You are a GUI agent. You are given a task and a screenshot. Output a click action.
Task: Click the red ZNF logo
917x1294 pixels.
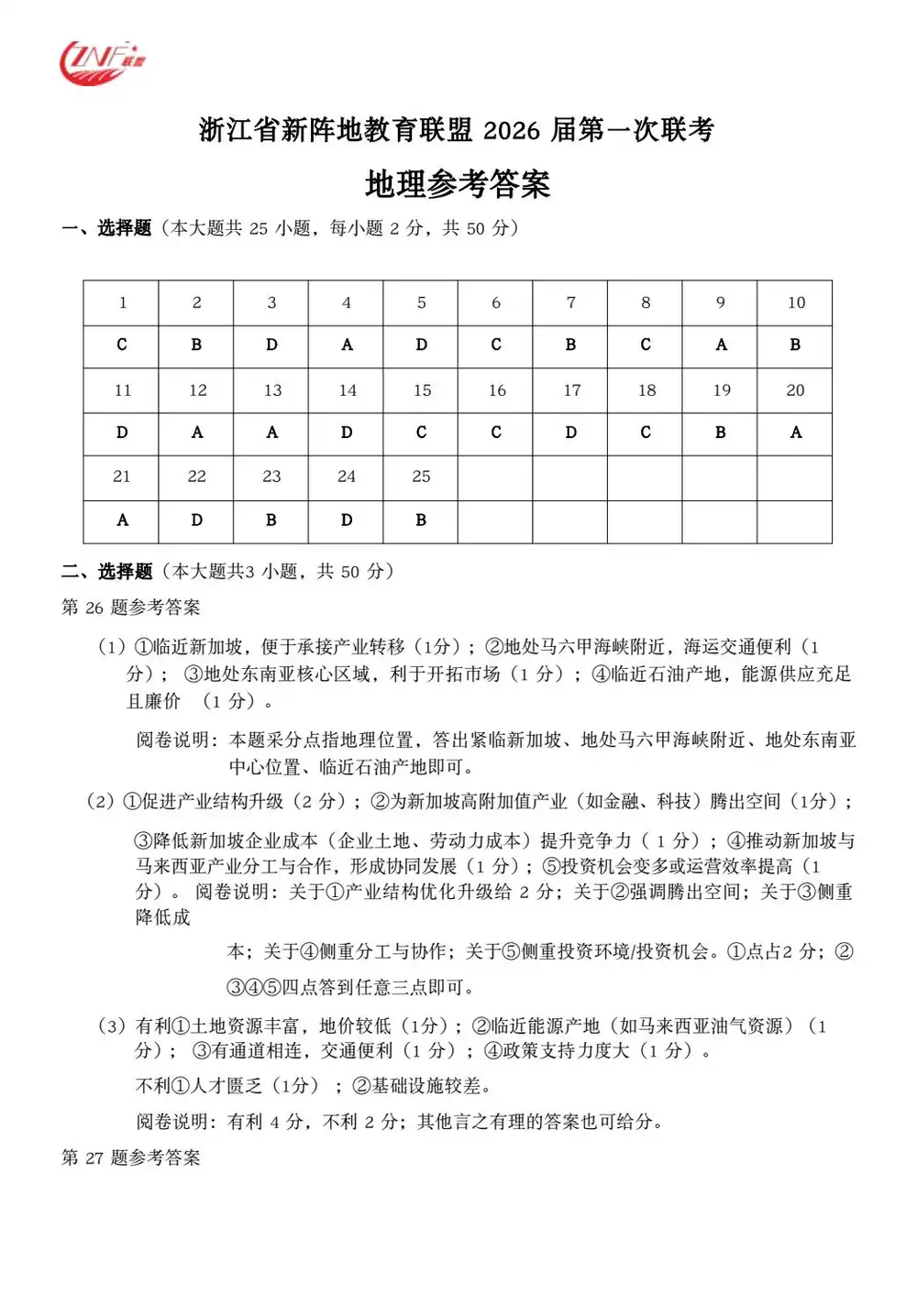102,63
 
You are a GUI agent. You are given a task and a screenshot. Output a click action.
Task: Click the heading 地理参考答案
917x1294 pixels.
458,184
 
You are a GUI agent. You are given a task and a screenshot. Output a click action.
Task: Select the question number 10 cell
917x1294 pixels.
795,302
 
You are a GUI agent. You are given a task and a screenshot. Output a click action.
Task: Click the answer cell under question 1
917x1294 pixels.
122,345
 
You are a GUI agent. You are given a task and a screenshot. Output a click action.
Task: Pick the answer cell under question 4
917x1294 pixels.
347,345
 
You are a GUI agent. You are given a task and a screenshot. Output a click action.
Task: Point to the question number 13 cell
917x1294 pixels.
272,390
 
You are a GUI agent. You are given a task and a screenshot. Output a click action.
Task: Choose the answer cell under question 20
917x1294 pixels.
795,433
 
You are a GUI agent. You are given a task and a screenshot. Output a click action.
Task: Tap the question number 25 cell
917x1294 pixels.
421,477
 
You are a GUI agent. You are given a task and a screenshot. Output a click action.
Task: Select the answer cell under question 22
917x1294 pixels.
197,521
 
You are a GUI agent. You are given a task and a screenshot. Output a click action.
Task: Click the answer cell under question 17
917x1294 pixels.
570,433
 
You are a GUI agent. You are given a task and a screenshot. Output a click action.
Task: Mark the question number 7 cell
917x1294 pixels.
570,302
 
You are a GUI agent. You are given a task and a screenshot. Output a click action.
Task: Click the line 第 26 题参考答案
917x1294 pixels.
131,608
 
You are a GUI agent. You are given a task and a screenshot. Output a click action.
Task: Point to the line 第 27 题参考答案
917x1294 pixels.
131,1157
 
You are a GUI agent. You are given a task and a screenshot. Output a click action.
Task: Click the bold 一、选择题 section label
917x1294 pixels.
106,228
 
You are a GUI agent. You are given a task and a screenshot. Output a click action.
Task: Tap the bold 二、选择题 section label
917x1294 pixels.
106,572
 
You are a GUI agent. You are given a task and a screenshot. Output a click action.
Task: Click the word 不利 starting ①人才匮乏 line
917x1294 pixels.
153,1086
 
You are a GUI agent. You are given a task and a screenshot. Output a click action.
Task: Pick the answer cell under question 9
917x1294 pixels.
721,345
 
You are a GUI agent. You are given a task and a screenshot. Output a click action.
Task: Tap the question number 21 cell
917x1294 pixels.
122,477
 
